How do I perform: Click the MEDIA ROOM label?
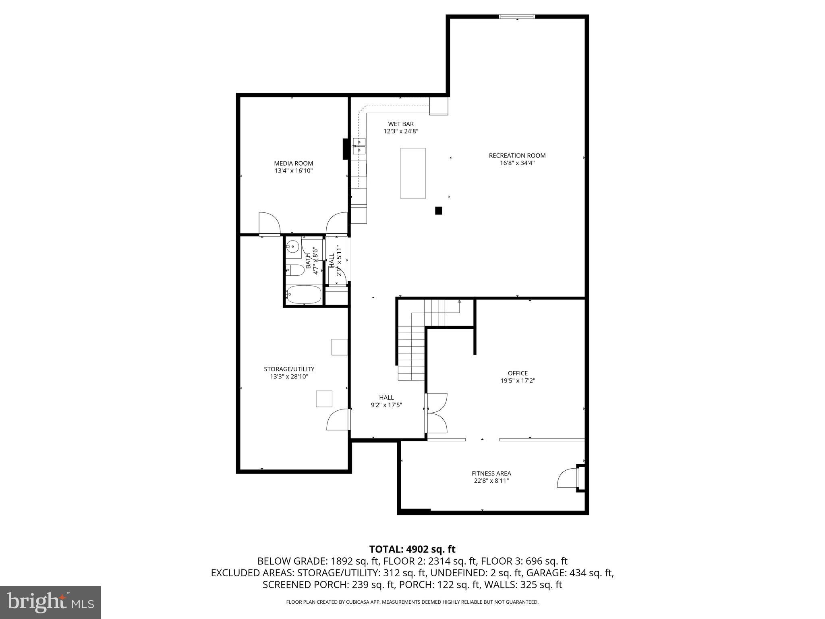pyautogui.click(x=293, y=163)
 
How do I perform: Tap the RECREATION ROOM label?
pyautogui.click(x=517, y=156)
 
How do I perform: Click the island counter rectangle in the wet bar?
pyautogui.click(x=413, y=173)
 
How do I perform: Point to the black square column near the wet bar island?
pyautogui.click(x=439, y=210)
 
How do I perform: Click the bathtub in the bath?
pyautogui.click(x=303, y=295)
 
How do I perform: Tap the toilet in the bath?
pyautogui.click(x=295, y=270)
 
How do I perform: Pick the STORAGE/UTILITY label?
pyautogui.click(x=289, y=369)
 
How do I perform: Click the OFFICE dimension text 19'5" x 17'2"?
pyautogui.click(x=518, y=381)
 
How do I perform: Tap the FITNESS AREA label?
pyautogui.click(x=491, y=474)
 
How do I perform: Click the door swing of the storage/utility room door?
pyautogui.click(x=338, y=420)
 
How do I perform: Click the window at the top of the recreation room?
pyautogui.click(x=517, y=17)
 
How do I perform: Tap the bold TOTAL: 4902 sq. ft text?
pyautogui.click(x=412, y=549)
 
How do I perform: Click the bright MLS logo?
pyautogui.click(x=50, y=602)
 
